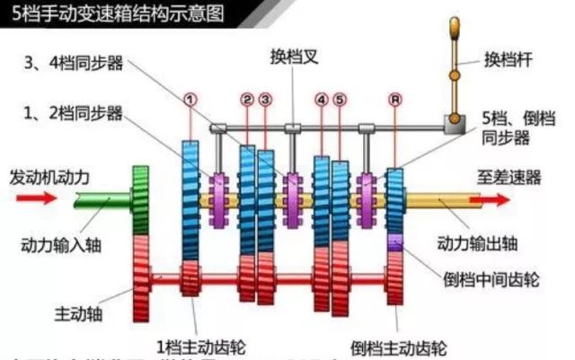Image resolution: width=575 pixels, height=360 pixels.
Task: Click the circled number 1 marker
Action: pyautogui.click(x=190, y=98)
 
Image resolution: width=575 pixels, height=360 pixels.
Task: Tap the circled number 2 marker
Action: pyautogui.click(x=247, y=98)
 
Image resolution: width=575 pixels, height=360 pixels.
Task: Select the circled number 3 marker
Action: pyautogui.click(x=265, y=98)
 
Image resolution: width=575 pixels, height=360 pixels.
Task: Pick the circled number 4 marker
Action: pyautogui.click(x=321, y=98)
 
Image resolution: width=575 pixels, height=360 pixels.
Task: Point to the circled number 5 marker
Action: pyautogui.click(x=339, y=98)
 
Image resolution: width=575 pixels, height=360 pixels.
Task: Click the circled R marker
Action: pyautogui.click(x=394, y=98)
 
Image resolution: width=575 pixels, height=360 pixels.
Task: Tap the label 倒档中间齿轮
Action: pyautogui.click(x=491, y=279)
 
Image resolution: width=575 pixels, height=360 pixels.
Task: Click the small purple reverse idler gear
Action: pyautogui.click(x=394, y=241)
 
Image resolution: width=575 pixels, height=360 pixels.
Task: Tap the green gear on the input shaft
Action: pyautogui.click(x=139, y=199)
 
